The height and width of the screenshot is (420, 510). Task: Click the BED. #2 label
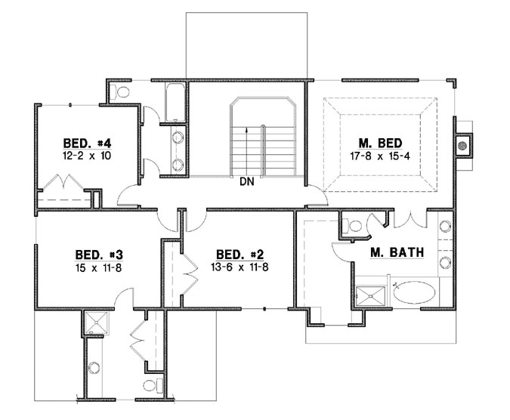237,254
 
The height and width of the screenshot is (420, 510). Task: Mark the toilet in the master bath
352,225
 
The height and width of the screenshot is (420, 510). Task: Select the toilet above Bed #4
121,91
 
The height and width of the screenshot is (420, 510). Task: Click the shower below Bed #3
94,323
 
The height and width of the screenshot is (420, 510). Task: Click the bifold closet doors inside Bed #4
59,184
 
